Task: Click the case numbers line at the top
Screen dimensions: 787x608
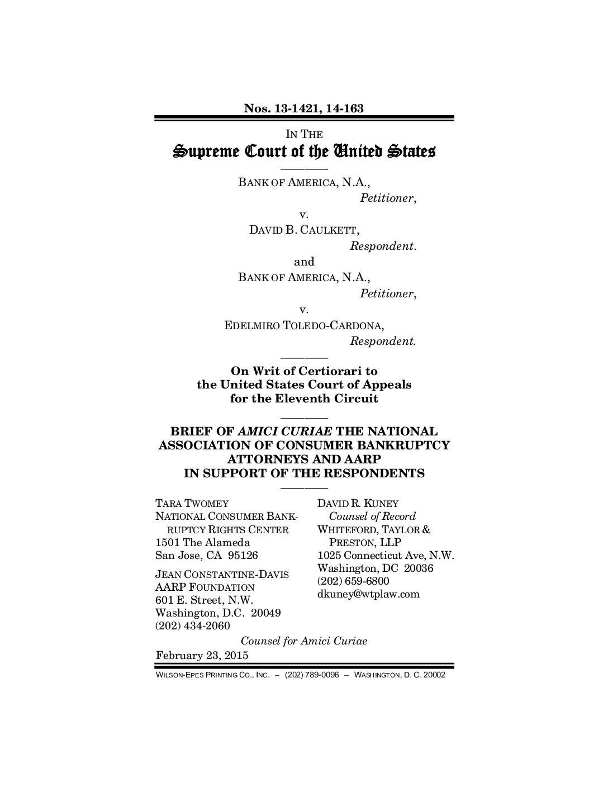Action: click(x=303, y=108)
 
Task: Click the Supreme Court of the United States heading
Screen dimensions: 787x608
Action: click(x=303, y=151)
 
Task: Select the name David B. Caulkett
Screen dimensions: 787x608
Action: click(x=304, y=230)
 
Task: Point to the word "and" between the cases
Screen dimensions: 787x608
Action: click(x=304, y=262)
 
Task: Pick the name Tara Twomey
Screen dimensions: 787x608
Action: click(x=192, y=504)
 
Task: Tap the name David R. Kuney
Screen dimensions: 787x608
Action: click(x=358, y=504)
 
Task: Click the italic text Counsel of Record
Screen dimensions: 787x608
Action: click(x=372, y=516)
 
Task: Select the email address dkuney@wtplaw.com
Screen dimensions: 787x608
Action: click(x=368, y=594)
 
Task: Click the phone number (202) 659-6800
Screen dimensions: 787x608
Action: click(x=353, y=581)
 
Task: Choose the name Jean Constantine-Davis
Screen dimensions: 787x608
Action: click(x=222, y=574)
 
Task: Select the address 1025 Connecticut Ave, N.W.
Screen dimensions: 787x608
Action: click(x=386, y=556)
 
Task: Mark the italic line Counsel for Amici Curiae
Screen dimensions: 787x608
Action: click(x=303, y=641)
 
